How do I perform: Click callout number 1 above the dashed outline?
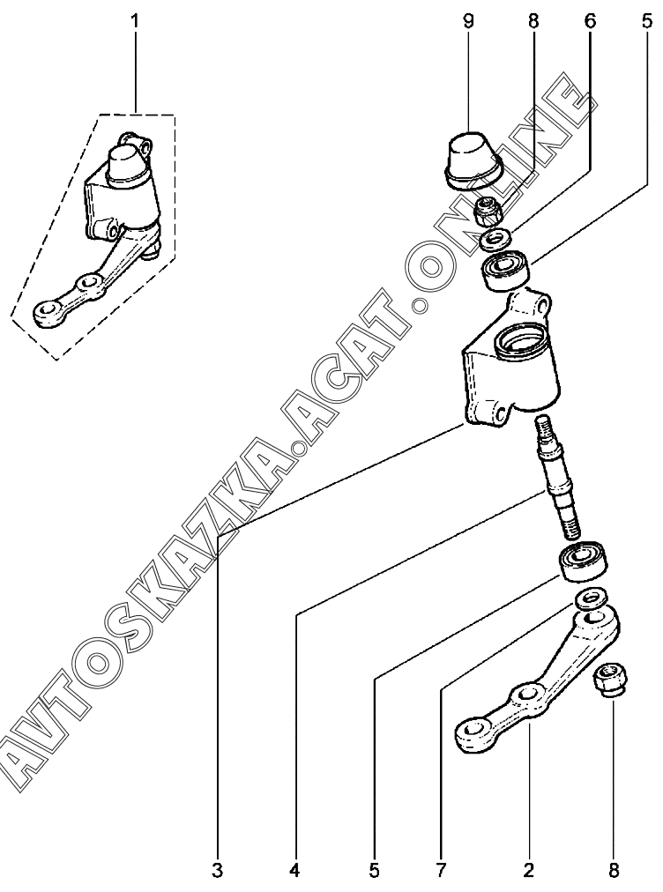[136, 22]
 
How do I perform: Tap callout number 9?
[468, 22]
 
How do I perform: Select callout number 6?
[589, 22]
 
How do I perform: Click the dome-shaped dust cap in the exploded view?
[470, 159]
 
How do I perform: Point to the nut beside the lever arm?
[611, 680]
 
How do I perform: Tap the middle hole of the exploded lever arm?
[529, 694]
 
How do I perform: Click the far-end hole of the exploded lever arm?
[474, 728]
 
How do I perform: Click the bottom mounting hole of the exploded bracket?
[498, 413]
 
